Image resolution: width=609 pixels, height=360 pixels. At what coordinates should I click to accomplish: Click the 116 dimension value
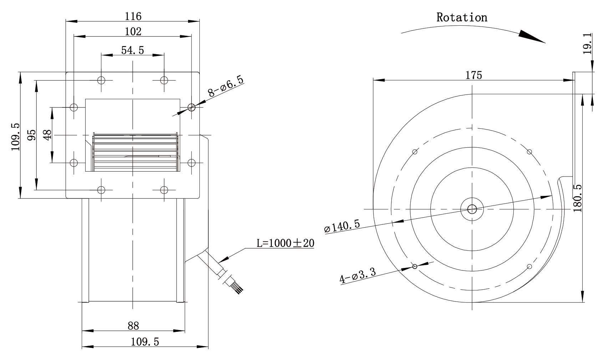pyautogui.click(x=133, y=16)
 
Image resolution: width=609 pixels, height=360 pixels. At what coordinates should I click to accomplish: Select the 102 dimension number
pyautogui.click(x=133, y=31)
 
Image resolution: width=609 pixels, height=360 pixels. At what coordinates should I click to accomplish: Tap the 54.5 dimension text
pyautogui.click(x=132, y=50)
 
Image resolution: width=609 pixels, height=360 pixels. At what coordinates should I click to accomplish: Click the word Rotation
pyautogui.click(x=462, y=17)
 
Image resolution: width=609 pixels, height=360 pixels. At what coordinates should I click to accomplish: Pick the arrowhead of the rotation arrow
pyautogui.click(x=532, y=36)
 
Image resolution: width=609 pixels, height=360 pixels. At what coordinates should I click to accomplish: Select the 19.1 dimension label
pyautogui.click(x=587, y=44)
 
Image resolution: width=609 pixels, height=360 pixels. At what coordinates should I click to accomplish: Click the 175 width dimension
pyautogui.click(x=473, y=75)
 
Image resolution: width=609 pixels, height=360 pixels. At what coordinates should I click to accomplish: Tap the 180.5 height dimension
pyautogui.click(x=578, y=198)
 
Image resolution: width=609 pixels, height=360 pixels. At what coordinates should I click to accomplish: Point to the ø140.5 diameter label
pyautogui.click(x=342, y=226)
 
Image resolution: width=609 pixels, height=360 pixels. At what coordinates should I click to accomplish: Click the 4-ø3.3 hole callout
pyautogui.click(x=358, y=275)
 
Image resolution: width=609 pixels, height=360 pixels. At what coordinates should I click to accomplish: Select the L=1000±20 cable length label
pyautogui.click(x=285, y=243)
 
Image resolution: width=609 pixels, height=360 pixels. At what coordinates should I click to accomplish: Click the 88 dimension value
pyautogui.click(x=133, y=326)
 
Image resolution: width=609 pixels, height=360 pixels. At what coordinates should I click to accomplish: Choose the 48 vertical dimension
pyautogui.click(x=47, y=135)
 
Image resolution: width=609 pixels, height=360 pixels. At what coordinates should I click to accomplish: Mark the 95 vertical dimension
pyautogui.click(x=31, y=135)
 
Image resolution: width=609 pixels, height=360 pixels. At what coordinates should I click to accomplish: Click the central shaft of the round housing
pyautogui.click(x=472, y=209)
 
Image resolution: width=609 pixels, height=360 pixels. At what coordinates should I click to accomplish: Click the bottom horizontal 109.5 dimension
pyautogui.click(x=145, y=342)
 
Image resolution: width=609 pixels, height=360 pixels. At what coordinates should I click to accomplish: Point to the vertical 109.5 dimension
pyautogui.click(x=15, y=137)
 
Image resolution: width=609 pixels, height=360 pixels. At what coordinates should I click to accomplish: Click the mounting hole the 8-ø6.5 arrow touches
pyautogui.click(x=191, y=107)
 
